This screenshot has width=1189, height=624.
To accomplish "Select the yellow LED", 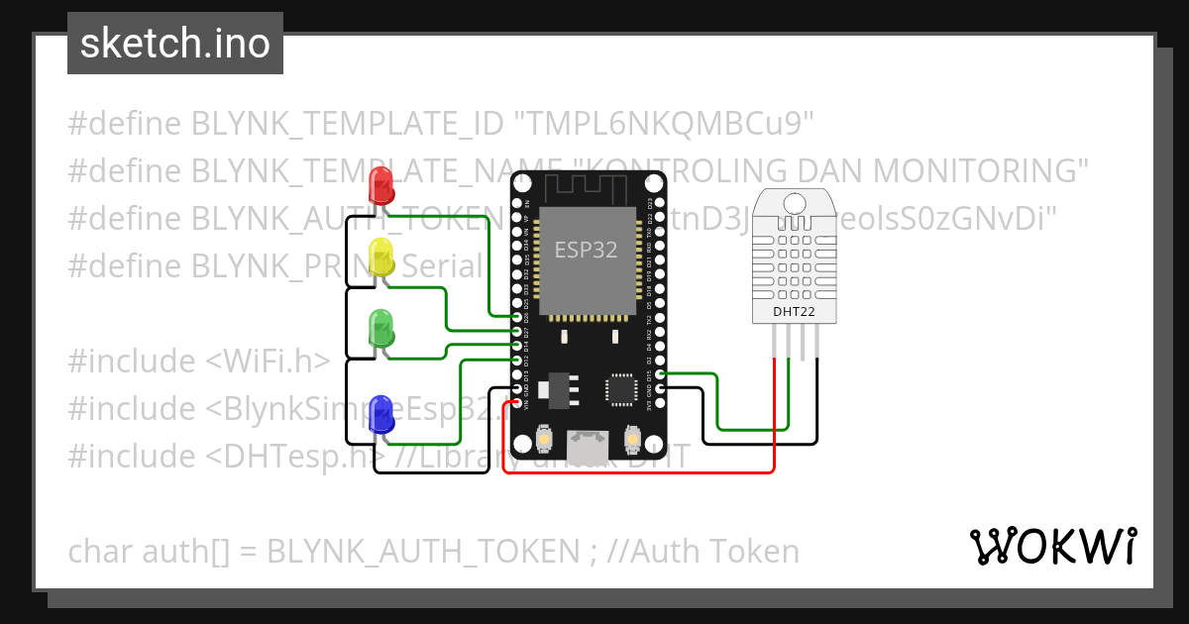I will (380, 258).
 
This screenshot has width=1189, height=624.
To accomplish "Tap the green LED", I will (380, 328).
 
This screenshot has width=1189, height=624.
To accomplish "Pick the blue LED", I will (380, 413).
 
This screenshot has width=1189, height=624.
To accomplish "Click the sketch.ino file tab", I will (175, 44).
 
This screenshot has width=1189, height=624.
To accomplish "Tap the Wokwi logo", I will (1052, 546).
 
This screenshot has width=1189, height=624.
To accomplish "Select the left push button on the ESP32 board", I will (544, 438).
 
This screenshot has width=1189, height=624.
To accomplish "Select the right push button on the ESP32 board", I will (632, 438).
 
